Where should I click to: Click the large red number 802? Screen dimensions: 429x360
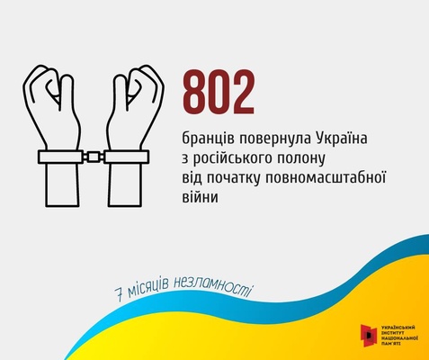(219, 91)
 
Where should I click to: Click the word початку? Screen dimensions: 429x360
(232, 178)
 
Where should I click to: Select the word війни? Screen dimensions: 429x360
(200, 196)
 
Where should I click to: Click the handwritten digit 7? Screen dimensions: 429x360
(120, 295)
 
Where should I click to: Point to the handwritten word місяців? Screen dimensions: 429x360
(147, 288)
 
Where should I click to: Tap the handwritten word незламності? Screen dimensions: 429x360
(211, 288)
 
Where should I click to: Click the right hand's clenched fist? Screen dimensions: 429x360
(138, 90)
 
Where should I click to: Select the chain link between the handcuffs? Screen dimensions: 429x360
(94, 157)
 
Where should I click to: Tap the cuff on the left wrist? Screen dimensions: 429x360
(61, 157)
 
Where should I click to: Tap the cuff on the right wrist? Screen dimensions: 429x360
(126, 157)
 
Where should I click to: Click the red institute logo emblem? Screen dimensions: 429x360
(369, 335)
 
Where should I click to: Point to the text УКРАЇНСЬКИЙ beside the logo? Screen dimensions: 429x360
(398, 328)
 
